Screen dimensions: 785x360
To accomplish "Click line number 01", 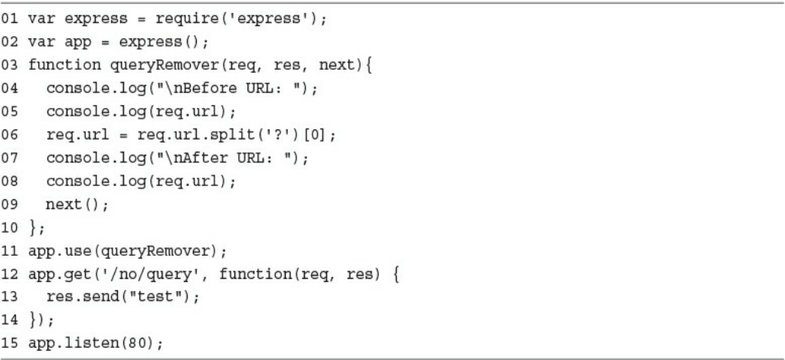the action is (16, 19).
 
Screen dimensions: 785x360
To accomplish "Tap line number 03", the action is (16, 65).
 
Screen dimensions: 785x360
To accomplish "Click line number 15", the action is (16, 341).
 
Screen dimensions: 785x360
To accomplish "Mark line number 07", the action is (16, 157).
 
